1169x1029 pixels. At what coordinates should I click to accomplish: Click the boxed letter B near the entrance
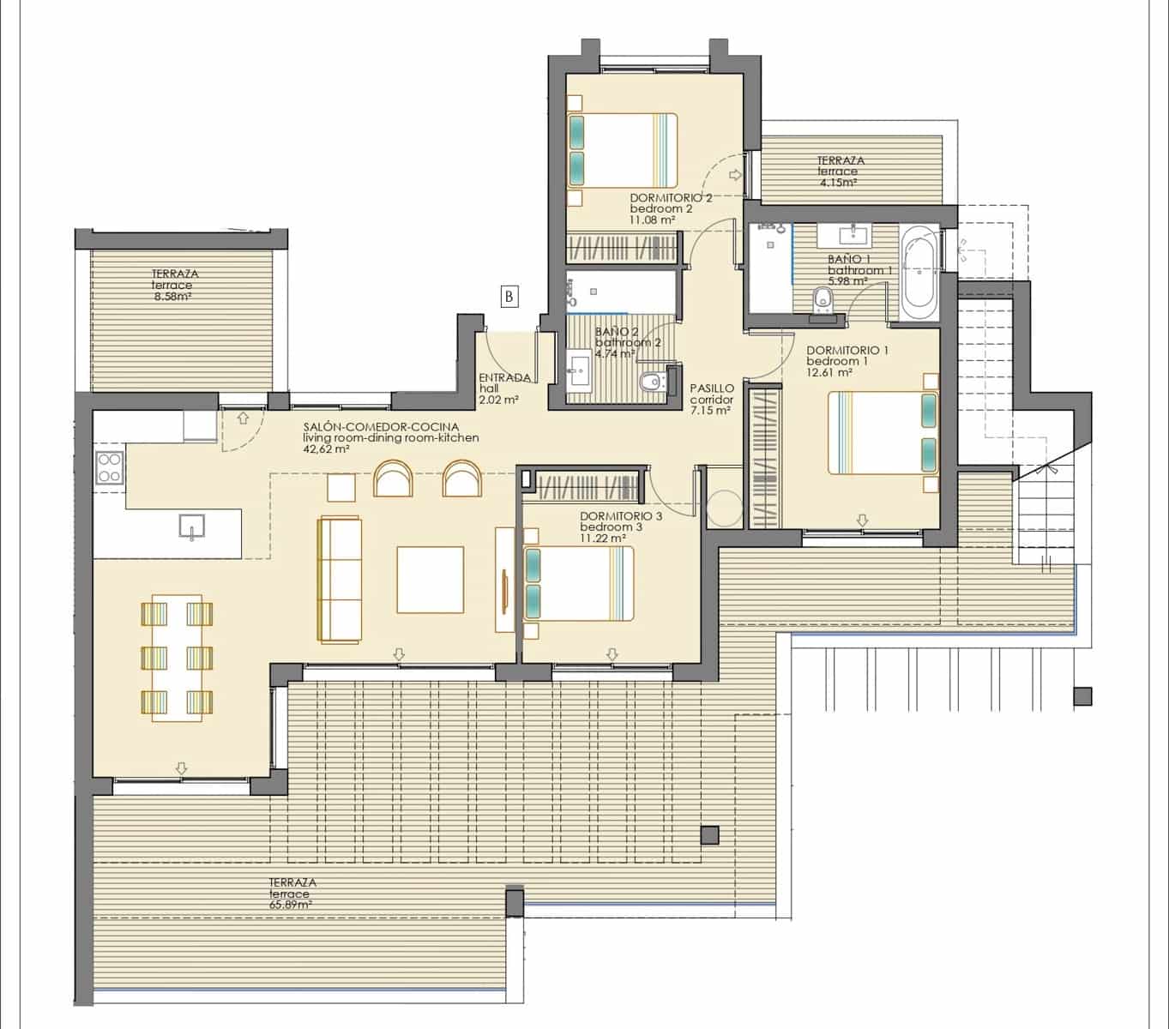[x=509, y=297]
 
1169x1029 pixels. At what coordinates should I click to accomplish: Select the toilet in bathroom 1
[x=823, y=302]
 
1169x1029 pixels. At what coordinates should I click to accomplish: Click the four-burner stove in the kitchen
[x=110, y=467]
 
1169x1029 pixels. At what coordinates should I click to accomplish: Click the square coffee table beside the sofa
[x=430, y=580]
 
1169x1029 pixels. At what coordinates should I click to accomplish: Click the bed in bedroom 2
[x=623, y=151]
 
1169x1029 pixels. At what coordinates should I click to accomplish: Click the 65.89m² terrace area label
[x=292, y=893]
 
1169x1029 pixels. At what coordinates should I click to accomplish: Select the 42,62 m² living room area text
[x=326, y=448]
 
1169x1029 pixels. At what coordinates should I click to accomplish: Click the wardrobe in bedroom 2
[x=623, y=249]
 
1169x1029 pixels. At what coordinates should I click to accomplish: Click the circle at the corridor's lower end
[x=723, y=508]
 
